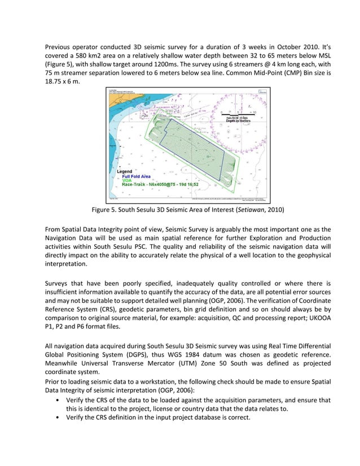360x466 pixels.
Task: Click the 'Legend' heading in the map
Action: point(124,171)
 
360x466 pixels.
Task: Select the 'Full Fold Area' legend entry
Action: point(136,176)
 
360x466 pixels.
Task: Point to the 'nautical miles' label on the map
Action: point(239,117)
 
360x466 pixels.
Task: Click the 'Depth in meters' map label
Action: point(239,121)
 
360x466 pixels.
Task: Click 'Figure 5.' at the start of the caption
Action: point(107,210)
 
